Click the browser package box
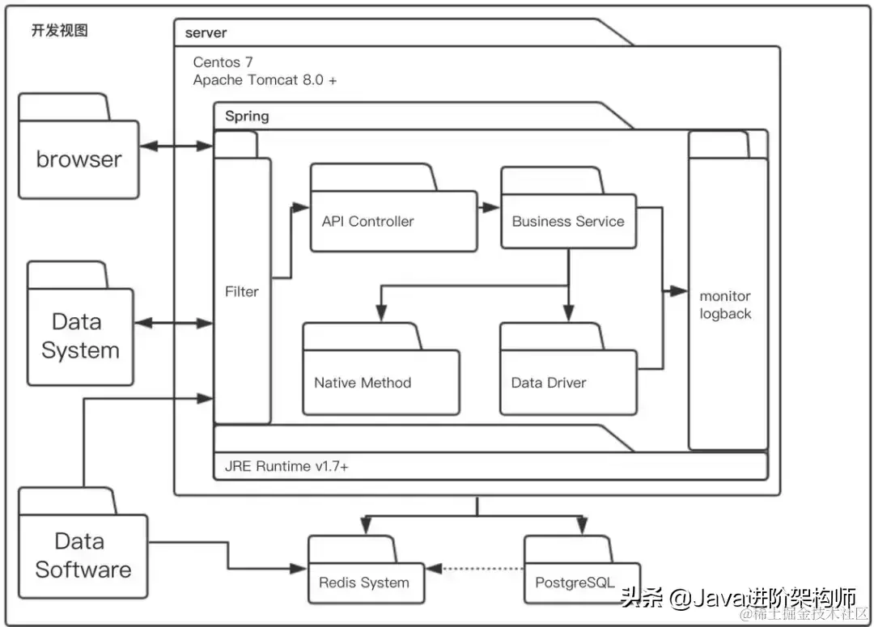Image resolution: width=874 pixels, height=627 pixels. point(78,146)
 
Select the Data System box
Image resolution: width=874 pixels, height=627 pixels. point(80,324)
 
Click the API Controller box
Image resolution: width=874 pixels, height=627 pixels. point(393,208)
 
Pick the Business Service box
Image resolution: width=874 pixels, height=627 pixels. point(569,207)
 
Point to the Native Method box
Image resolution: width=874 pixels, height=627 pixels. point(381,369)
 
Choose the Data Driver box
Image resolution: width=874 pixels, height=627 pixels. point(569,369)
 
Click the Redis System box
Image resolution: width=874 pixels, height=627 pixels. point(367,570)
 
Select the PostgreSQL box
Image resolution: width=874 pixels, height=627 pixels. point(582,570)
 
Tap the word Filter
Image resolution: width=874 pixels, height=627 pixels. point(242,291)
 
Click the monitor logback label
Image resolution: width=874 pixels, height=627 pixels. point(725,305)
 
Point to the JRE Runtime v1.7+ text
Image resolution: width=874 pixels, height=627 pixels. point(286,467)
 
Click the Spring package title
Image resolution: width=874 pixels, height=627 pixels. point(247,116)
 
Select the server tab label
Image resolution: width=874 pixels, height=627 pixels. point(206,33)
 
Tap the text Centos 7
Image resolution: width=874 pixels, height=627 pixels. point(223,61)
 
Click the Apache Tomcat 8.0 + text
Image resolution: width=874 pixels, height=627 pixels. point(265,80)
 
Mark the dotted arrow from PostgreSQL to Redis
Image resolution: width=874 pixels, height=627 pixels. point(475,569)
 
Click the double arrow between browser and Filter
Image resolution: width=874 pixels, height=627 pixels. point(176,146)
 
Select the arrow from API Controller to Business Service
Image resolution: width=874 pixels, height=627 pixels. point(489,207)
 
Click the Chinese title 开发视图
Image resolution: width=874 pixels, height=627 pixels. point(60,30)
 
